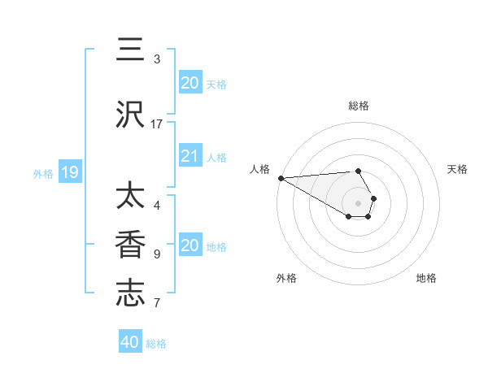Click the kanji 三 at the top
click(130, 50)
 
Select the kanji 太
click(130, 197)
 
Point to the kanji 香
click(130, 245)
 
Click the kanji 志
click(130, 294)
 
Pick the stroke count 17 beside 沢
click(157, 124)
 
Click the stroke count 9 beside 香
click(157, 254)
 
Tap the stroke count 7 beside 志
click(157, 303)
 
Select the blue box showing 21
click(190, 156)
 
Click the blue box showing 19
click(70, 171)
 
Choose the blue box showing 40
click(129, 342)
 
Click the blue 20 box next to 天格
click(190, 82)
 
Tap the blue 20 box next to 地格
click(190, 245)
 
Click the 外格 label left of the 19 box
click(43, 173)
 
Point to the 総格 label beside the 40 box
click(156, 344)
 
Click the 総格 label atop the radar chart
click(359, 106)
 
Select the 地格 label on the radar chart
click(426, 278)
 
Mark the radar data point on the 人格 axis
click(281, 178)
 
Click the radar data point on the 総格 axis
click(358, 171)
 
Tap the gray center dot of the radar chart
click(359, 202)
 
